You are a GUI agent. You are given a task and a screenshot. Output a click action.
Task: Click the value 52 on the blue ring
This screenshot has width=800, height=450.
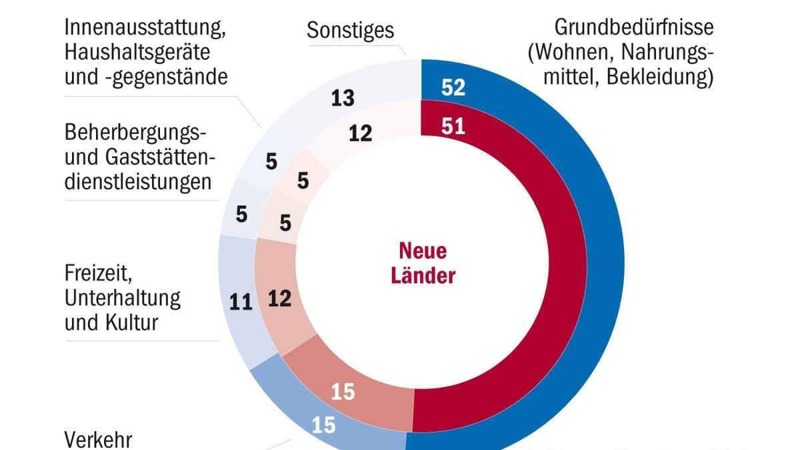point(453,88)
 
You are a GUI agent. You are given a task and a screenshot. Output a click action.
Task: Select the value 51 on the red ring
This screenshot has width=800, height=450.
point(453,127)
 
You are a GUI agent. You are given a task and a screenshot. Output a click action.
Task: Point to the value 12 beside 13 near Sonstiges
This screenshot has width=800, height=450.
point(360,133)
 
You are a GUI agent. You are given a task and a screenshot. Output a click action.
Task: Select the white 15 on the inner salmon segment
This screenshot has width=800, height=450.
point(343,392)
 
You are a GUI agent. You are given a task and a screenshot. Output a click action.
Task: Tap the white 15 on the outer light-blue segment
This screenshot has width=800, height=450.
point(323,425)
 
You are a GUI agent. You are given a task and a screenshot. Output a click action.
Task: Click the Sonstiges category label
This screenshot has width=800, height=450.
point(351,30)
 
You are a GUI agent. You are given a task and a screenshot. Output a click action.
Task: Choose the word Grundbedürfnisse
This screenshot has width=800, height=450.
point(634,28)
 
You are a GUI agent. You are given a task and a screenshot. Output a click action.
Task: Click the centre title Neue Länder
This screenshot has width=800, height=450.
point(423,263)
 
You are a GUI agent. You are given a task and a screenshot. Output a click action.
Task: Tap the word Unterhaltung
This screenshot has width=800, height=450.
point(123,298)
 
